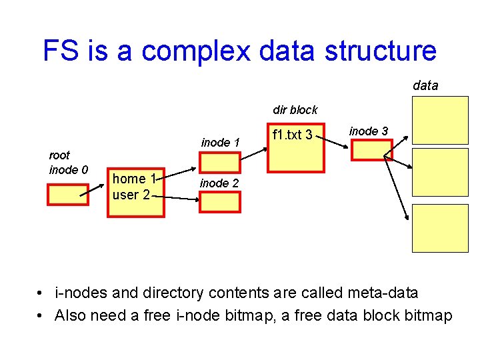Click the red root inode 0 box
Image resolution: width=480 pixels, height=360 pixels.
(67, 193)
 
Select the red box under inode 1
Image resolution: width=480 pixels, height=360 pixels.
(220, 163)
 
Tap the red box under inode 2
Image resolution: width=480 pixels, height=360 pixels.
(220, 201)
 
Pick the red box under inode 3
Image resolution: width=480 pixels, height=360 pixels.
(372, 150)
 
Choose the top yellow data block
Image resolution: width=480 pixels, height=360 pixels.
(439, 120)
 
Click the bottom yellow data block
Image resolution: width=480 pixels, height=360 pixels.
(439, 227)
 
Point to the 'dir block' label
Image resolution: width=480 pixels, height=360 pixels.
(295, 110)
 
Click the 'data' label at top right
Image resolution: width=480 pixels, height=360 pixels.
(425, 85)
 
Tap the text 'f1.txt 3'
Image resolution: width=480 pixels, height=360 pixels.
(292, 135)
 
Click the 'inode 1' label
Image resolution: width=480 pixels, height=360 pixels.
(220, 142)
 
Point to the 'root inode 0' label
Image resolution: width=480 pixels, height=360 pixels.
(68, 163)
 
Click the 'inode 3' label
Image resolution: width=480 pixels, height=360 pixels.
(369, 131)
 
